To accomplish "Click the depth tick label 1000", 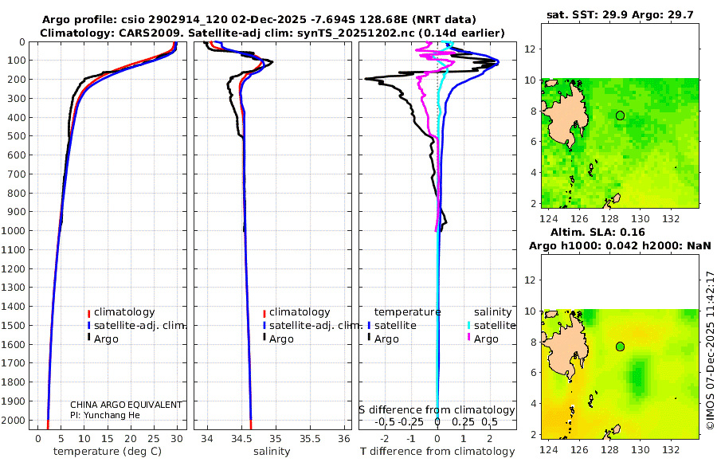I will point(14,231).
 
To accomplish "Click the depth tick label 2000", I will point(14,420).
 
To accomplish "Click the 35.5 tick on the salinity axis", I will point(309,438).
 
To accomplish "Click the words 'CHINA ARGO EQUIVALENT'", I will point(126,405).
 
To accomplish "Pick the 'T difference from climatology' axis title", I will point(436,452).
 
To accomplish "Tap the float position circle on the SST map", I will point(620,115).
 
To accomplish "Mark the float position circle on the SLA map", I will point(620,346).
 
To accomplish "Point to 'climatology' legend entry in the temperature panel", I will point(124,312).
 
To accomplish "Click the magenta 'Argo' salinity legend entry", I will point(486,339).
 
